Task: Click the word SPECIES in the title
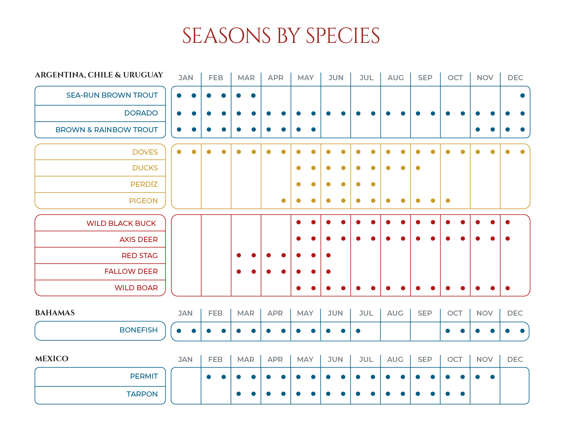click(343, 36)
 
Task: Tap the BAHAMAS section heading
click(55, 313)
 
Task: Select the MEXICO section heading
click(52, 359)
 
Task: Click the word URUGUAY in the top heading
click(143, 75)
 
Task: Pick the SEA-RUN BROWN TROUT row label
click(112, 95)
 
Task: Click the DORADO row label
click(141, 113)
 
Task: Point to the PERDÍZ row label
click(144, 184)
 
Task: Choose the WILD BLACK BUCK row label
click(121, 223)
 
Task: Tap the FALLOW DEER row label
click(131, 271)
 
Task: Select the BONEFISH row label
click(138, 330)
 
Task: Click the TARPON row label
click(142, 394)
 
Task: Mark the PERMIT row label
click(144, 376)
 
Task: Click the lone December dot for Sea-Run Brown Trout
click(523, 96)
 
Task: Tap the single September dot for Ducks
click(418, 168)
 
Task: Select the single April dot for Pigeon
click(284, 201)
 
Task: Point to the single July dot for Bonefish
click(358, 331)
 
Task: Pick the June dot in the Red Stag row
click(328, 255)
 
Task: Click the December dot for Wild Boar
click(507, 288)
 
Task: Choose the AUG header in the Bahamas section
click(395, 313)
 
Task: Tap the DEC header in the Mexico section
click(515, 360)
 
